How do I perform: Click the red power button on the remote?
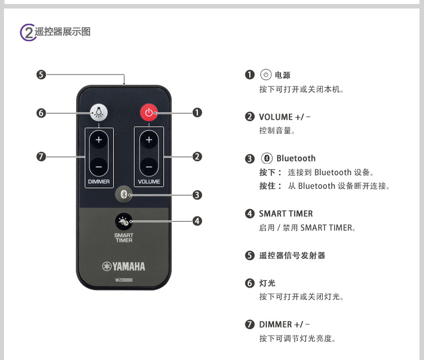click(x=149, y=112)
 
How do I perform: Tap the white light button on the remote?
click(x=99, y=112)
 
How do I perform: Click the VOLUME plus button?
click(x=149, y=140)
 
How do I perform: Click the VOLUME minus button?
click(x=149, y=167)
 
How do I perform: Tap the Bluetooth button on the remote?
click(x=124, y=195)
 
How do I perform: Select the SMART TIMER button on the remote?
click(x=124, y=221)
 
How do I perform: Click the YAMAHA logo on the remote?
click(x=124, y=267)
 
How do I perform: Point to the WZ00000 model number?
click(x=124, y=280)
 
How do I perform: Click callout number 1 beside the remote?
click(x=197, y=112)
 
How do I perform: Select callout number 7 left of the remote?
click(x=41, y=157)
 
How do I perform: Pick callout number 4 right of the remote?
click(x=197, y=221)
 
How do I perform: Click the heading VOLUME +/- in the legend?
click(x=285, y=117)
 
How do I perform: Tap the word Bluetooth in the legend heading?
click(x=296, y=158)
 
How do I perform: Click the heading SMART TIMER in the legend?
click(x=285, y=214)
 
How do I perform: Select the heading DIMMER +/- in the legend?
click(x=285, y=324)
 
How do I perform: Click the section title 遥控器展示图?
click(x=63, y=32)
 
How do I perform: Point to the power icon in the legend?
click(x=266, y=75)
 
